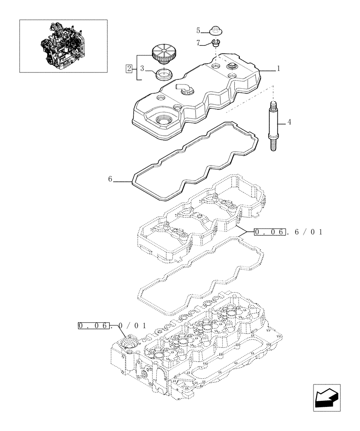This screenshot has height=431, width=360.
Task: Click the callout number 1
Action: point(279,69)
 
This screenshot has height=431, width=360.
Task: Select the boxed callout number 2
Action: point(128,68)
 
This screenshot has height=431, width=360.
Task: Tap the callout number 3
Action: point(141,68)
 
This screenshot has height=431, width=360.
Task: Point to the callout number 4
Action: point(289,122)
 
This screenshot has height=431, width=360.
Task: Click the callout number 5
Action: point(199,30)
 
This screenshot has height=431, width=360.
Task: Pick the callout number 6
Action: point(110,179)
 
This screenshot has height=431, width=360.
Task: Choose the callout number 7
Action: point(199,43)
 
